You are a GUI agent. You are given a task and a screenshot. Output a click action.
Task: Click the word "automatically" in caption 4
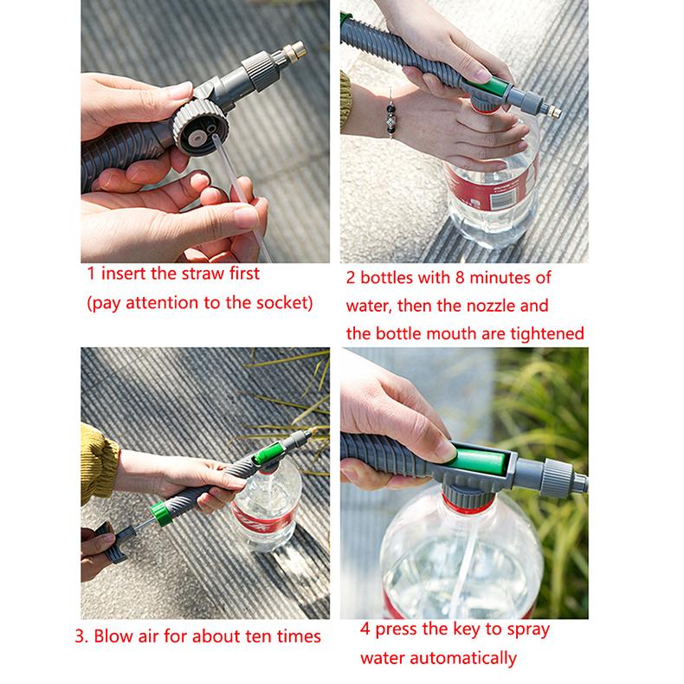[x=472, y=659]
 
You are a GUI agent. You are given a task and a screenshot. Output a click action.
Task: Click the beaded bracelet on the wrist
[x=392, y=121]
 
